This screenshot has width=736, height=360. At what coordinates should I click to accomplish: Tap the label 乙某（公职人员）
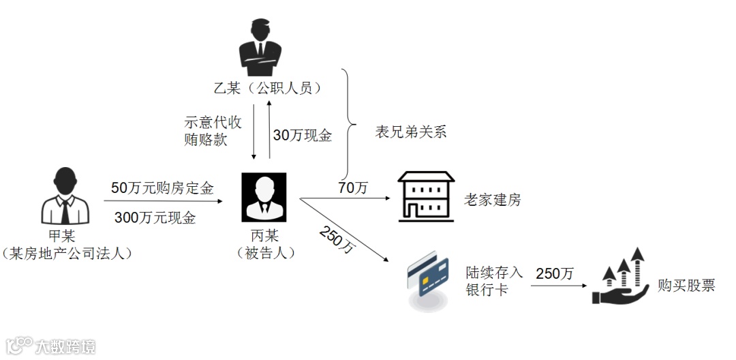266,88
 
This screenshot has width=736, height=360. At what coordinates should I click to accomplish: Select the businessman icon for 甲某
65,198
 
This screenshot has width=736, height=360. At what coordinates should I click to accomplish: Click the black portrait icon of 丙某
264,197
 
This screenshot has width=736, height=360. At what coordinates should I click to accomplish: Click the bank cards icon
428,280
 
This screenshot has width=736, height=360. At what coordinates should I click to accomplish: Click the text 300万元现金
155,218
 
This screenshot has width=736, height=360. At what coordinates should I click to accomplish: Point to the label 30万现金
302,136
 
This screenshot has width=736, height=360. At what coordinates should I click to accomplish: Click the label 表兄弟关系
411,132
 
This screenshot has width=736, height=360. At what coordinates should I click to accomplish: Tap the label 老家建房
492,200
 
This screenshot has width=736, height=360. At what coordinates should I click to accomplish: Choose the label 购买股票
686,286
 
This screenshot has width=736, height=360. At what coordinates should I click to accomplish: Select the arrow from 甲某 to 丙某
163,202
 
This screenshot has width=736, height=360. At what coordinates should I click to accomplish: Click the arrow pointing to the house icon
344,199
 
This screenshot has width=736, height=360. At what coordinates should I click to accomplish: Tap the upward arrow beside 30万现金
269,130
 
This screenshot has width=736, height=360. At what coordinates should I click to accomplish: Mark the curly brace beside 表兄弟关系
349,123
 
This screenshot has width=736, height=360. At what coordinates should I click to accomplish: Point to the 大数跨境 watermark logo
51,345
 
